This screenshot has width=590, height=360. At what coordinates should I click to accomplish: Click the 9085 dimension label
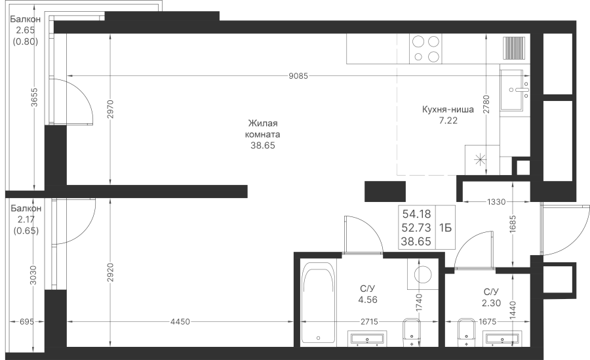(x=298, y=76)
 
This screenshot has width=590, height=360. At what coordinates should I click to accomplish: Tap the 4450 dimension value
(x=180, y=321)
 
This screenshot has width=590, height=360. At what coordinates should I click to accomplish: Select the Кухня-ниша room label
(x=448, y=110)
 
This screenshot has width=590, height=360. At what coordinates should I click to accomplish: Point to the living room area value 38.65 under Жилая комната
(x=263, y=146)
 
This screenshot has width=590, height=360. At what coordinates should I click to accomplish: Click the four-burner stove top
(x=425, y=49)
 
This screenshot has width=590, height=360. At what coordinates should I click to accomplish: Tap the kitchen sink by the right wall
(x=515, y=90)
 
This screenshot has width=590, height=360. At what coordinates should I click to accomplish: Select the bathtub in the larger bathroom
(x=319, y=303)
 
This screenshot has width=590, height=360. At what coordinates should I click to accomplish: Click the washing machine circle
(x=423, y=274)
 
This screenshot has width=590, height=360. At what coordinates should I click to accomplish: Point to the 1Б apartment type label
(x=445, y=228)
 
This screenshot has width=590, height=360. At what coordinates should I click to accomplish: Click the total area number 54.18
(x=416, y=214)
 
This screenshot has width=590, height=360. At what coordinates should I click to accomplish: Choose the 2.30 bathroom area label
(x=491, y=303)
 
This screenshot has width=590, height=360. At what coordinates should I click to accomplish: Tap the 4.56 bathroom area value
(x=368, y=300)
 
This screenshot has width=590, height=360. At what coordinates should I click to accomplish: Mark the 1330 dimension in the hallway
(x=496, y=202)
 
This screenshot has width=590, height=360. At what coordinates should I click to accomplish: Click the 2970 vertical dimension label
(x=110, y=110)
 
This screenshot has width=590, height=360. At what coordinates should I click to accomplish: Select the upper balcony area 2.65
(x=25, y=30)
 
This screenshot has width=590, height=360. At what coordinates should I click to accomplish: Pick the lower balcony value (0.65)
(x=26, y=230)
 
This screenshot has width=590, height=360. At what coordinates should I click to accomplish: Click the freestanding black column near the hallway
(x=385, y=191)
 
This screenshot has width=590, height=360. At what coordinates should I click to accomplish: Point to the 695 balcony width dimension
(x=27, y=321)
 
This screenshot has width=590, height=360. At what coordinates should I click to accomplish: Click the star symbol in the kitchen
(x=479, y=160)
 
